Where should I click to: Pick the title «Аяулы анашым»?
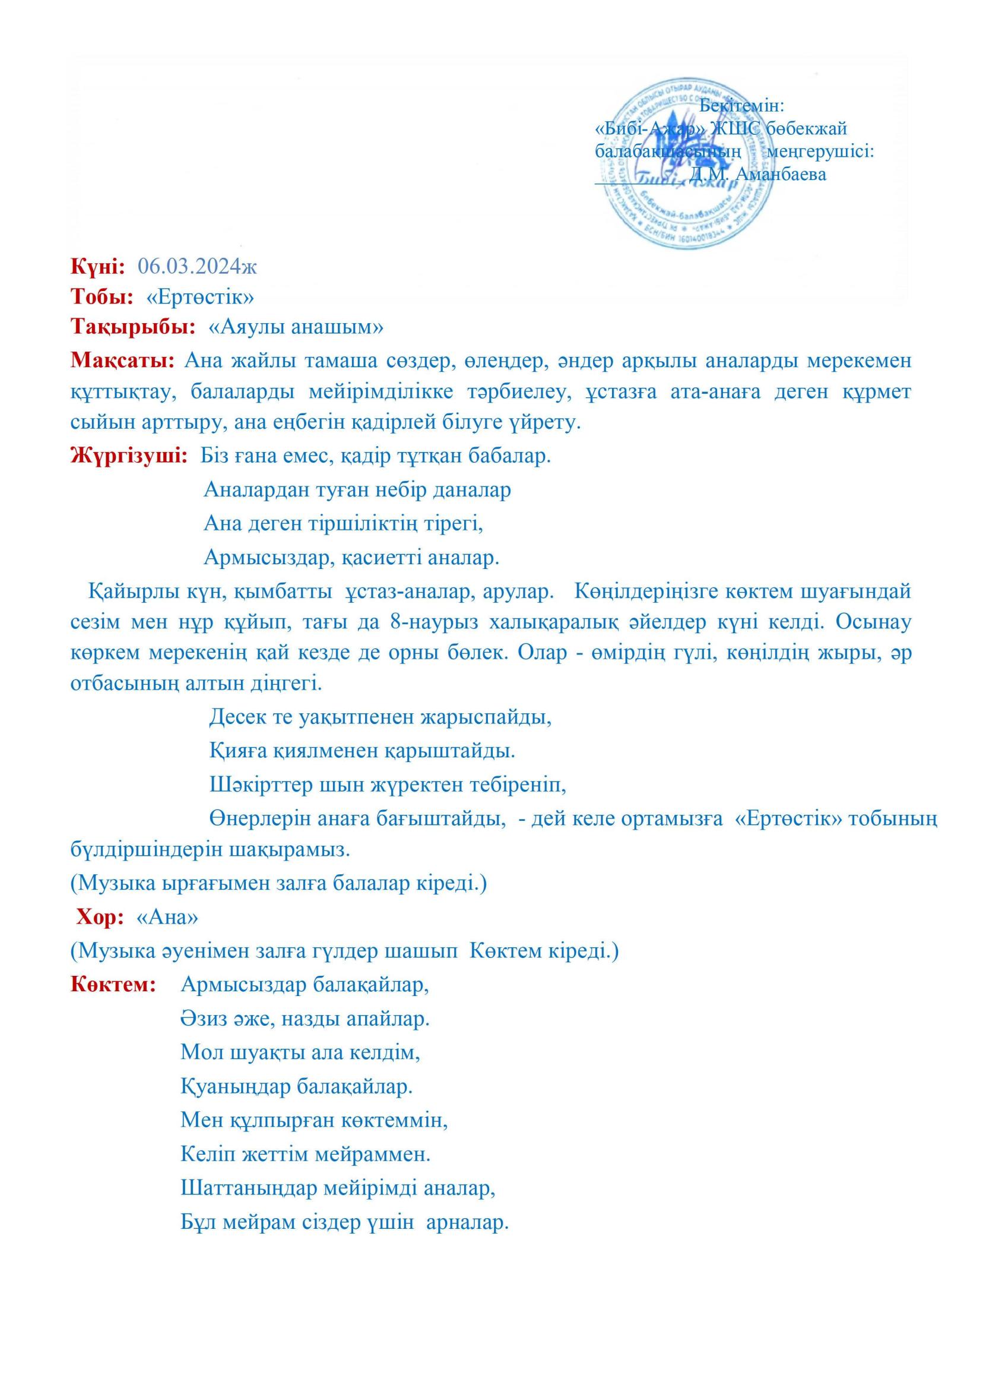[x=296, y=327]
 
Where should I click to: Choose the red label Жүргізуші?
[x=129, y=454]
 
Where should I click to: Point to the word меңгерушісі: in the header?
[x=820, y=151]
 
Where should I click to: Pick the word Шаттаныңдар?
[x=248, y=1188]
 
